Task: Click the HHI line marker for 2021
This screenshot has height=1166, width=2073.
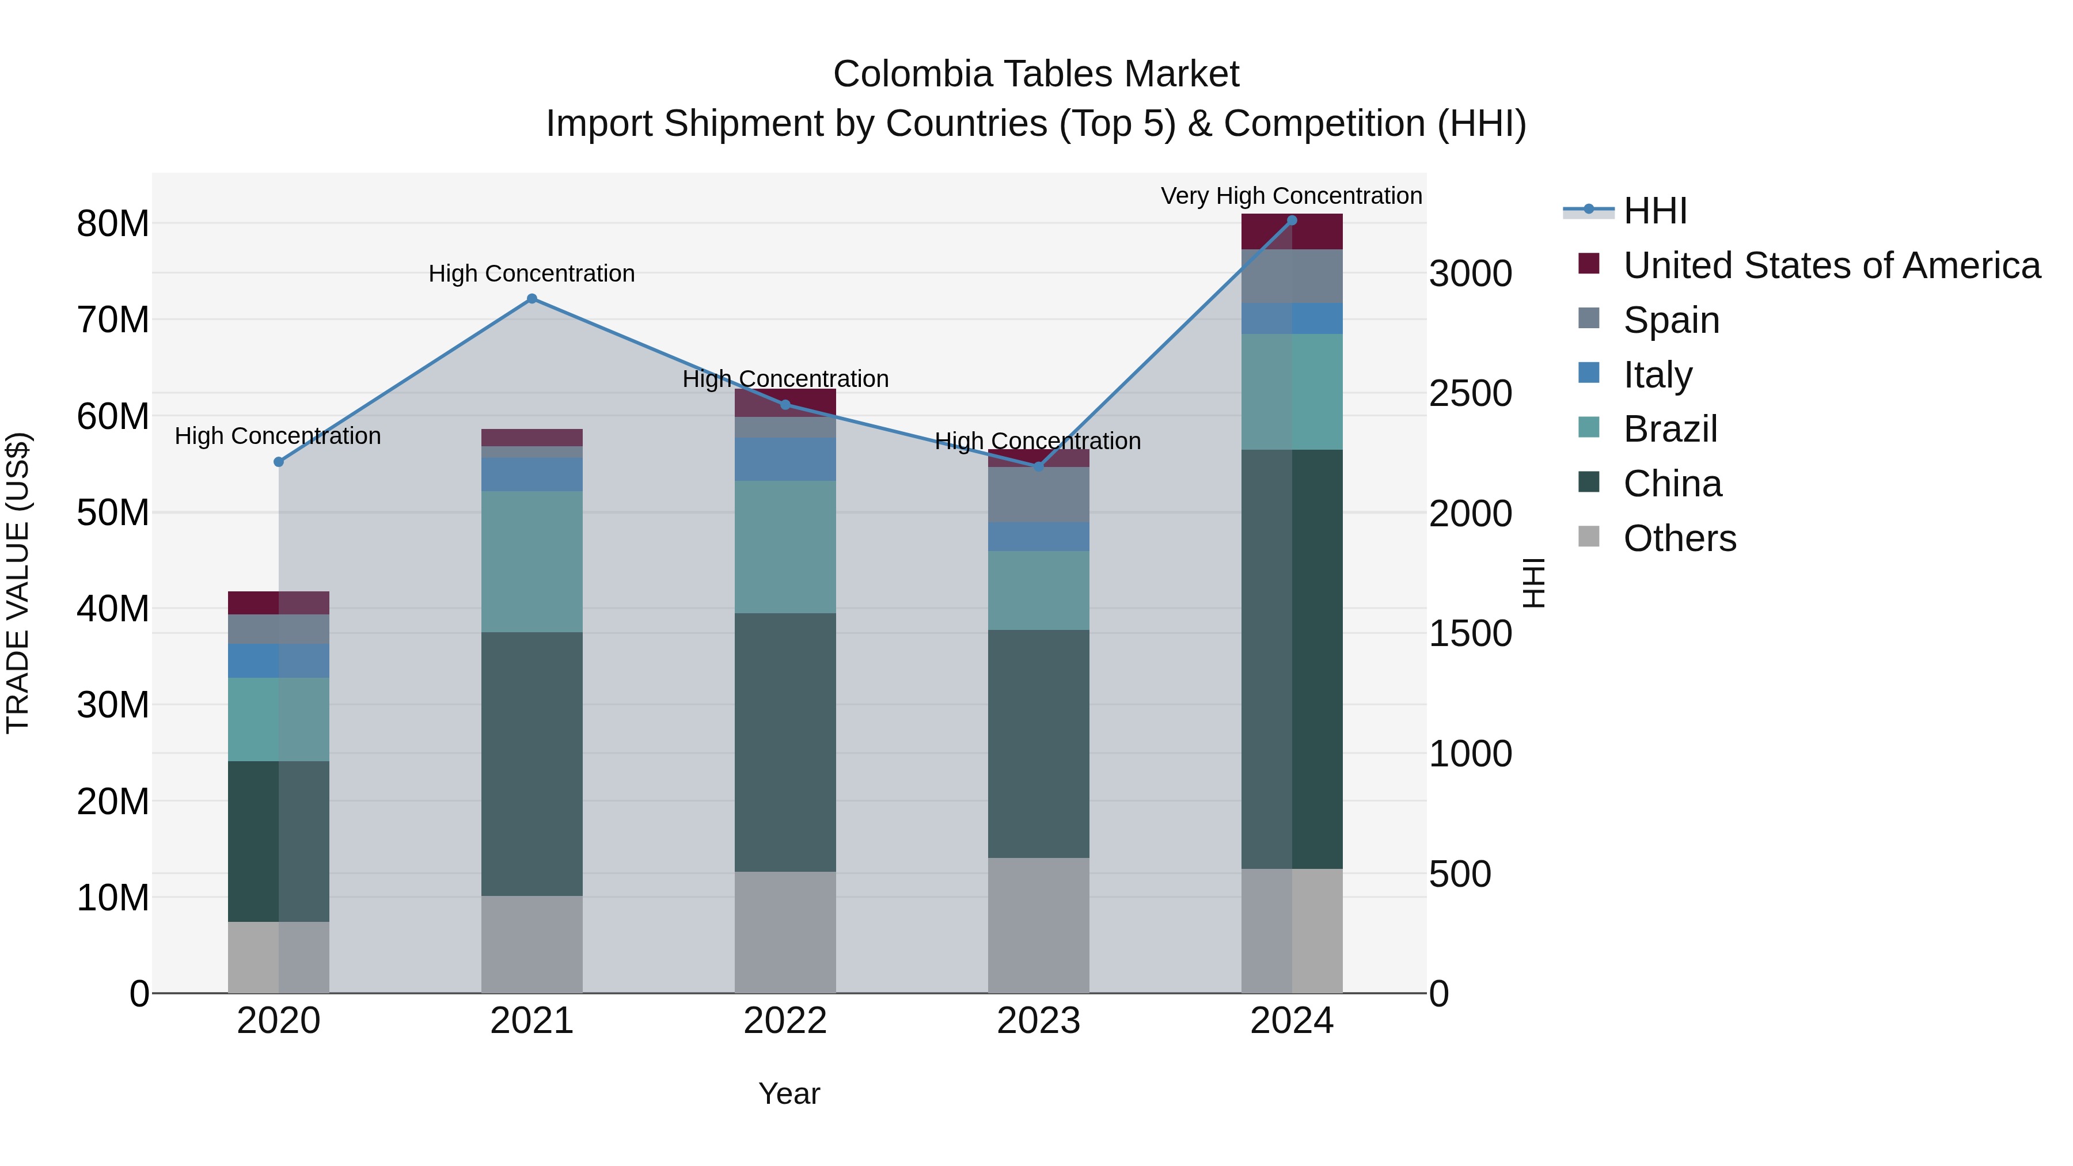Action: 532,298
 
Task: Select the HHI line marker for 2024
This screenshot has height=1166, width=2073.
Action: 1292,220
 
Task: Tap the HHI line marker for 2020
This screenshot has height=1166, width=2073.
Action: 279,462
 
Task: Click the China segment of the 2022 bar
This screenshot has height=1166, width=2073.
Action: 785,742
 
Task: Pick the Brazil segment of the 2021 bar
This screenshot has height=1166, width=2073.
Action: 532,561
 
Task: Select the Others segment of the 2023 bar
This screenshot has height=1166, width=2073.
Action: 1038,925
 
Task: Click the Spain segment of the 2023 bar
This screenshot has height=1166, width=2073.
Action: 1038,494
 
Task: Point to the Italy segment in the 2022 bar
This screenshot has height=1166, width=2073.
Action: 785,459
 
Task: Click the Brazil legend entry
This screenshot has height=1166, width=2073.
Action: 1670,429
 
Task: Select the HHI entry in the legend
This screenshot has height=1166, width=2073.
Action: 1654,211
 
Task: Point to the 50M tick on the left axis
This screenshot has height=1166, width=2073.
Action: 113,512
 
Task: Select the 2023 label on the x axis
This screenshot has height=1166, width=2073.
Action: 1038,1021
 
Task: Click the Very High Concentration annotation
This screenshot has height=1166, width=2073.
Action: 1291,196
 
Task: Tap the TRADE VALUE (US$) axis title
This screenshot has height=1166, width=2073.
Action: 18,583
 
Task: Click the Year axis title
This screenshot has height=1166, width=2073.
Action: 789,1093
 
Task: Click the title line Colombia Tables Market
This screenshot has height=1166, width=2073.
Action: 1036,74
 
